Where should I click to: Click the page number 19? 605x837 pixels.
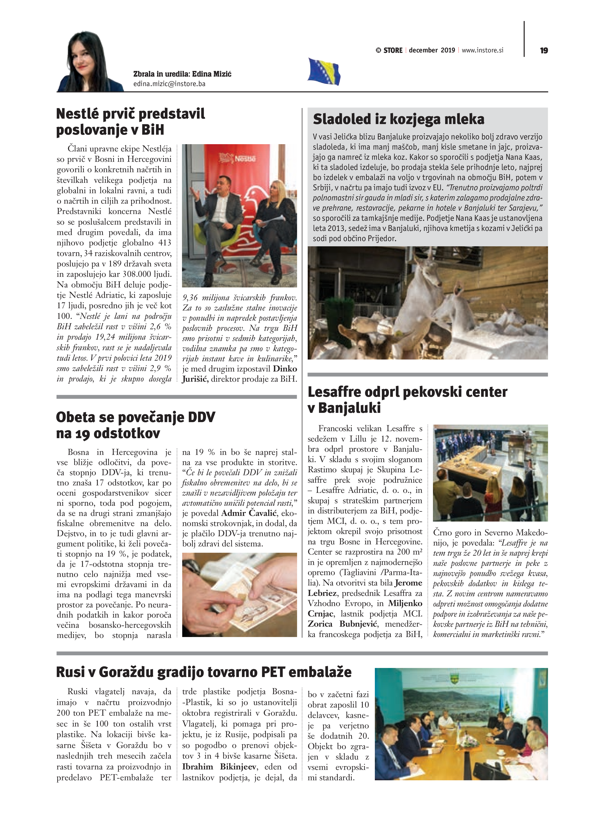pyautogui.click(x=544, y=51)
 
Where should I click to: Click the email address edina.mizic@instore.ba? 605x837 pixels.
pyautogui.click(x=169, y=84)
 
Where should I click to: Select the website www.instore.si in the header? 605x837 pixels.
pyautogui.click(x=482, y=50)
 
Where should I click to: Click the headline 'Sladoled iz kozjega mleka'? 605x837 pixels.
pyautogui.click(x=398, y=119)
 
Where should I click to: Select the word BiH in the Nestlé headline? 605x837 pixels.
pyautogui.click(x=152, y=130)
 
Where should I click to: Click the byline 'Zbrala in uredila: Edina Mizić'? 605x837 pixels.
pyautogui.click(x=182, y=74)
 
